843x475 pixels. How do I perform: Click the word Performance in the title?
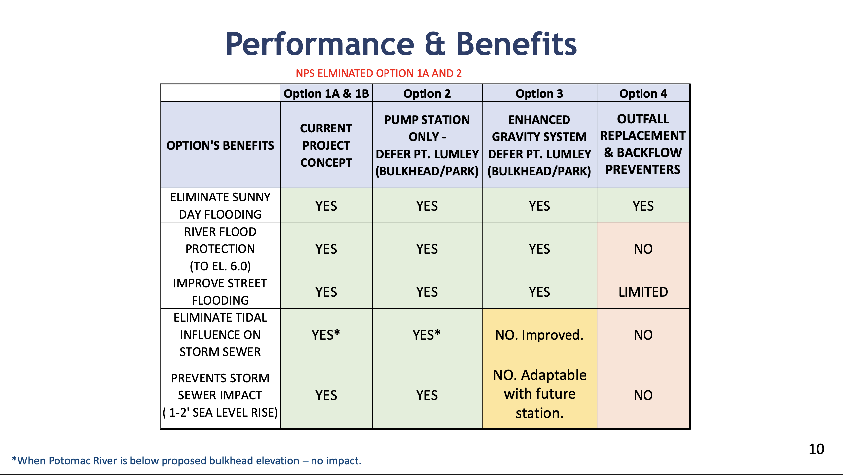tap(319, 44)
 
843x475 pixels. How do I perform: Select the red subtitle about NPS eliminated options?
tap(379, 73)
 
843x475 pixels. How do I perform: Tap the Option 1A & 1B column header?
tap(326, 94)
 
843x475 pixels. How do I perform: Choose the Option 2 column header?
tap(427, 94)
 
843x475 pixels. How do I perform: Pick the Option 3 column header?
tap(539, 94)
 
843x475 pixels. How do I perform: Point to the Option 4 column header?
tap(643, 94)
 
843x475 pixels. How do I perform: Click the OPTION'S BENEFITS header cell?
tap(220, 145)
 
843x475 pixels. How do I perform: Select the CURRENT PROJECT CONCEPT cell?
tap(326, 145)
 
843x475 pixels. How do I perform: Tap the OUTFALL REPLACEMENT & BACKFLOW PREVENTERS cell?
tap(643, 144)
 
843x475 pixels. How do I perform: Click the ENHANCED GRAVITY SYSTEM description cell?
tap(539, 145)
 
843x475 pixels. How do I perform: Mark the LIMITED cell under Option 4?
tap(643, 292)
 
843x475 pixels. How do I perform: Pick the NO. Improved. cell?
tap(539, 335)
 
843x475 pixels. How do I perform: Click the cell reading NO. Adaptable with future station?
tap(539, 394)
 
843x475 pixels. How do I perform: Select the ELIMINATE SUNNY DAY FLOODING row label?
tap(220, 205)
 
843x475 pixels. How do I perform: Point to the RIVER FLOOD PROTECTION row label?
tap(220, 248)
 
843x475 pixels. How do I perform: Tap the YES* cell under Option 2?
tap(426, 335)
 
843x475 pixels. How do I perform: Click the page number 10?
tap(816, 449)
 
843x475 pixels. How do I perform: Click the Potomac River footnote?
tap(187, 460)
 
